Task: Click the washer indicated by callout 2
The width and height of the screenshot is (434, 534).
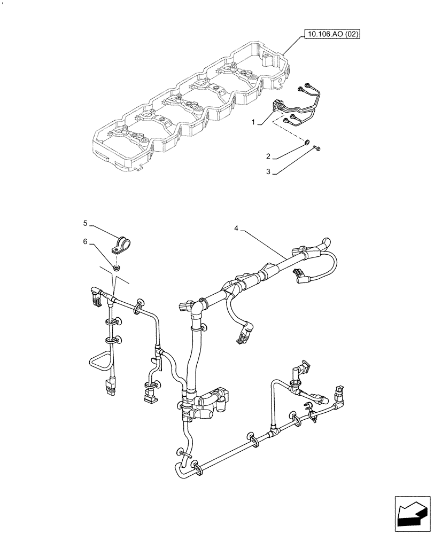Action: tap(305, 143)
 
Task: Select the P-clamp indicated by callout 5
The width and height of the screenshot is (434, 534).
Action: tap(120, 244)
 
